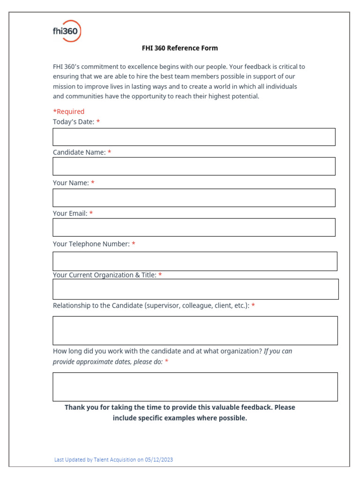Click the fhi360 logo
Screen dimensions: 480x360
point(67,31)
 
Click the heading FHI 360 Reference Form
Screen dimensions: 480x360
point(180,48)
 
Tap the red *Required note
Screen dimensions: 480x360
point(68,112)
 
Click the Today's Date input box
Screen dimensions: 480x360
point(194,137)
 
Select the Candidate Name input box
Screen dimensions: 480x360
point(194,166)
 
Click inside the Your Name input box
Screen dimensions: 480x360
point(194,198)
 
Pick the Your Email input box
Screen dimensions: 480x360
point(194,227)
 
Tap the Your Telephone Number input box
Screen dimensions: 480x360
point(195,261)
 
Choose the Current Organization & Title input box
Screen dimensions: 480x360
point(195,289)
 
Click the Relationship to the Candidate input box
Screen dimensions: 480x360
point(195,330)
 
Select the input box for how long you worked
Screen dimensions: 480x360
point(195,387)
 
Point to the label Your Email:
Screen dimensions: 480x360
point(70,214)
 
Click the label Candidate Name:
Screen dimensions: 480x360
point(79,152)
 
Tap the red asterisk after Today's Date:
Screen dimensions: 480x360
point(98,122)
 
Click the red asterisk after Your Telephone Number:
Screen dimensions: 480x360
point(134,244)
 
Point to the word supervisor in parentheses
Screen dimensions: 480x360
point(164,306)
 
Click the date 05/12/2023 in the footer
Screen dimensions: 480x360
point(159,460)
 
